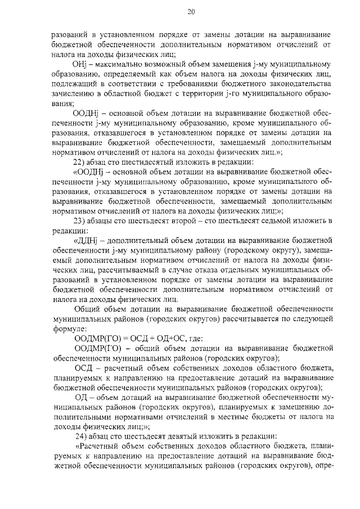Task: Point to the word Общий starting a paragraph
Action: point(87,308)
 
